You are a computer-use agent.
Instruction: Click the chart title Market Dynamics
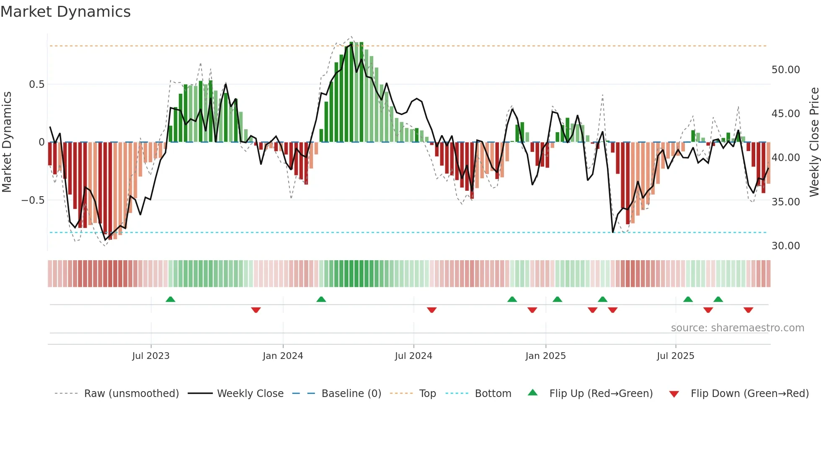point(65,12)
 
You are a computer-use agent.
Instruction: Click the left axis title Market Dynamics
point(7,142)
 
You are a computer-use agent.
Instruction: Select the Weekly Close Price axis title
point(814,142)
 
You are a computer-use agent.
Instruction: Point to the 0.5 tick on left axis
point(36,85)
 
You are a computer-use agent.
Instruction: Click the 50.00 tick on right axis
point(785,70)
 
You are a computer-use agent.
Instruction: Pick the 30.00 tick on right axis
point(785,246)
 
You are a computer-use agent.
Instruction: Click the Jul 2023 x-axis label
point(151,356)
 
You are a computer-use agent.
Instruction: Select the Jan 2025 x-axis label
point(545,356)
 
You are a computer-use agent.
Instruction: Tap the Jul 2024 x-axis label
point(413,356)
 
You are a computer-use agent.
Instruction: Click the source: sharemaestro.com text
point(737,328)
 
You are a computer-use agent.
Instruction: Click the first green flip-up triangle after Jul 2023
point(170,300)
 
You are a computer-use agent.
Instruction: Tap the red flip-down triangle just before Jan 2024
point(256,310)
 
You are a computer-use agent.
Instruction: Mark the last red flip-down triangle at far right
point(749,310)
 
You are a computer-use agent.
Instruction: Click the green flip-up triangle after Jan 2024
point(321,300)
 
